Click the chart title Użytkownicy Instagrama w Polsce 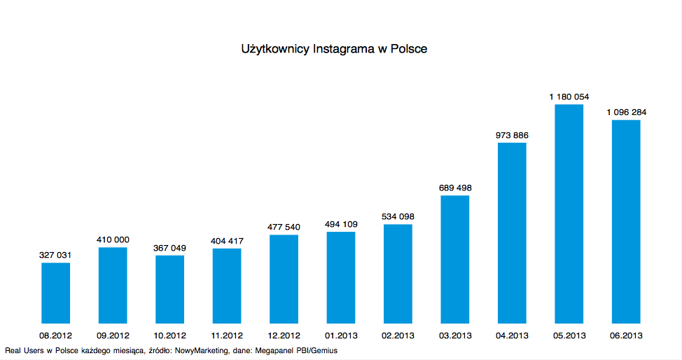[334, 49]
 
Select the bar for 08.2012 [55, 293]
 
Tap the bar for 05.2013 [569, 214]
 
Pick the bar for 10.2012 [169, 289]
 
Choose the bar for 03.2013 [454, 259]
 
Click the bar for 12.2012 [284, 279]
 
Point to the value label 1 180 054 [569, 97]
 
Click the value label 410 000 [113, 240]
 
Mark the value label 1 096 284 [626, 112]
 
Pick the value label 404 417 [227, 241]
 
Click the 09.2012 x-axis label [113, 335]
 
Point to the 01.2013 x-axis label [341, 335]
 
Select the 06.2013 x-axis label [626, 335]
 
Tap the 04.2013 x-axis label [512, 335]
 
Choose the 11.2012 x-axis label [227, 335]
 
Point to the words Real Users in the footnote [26, 349]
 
